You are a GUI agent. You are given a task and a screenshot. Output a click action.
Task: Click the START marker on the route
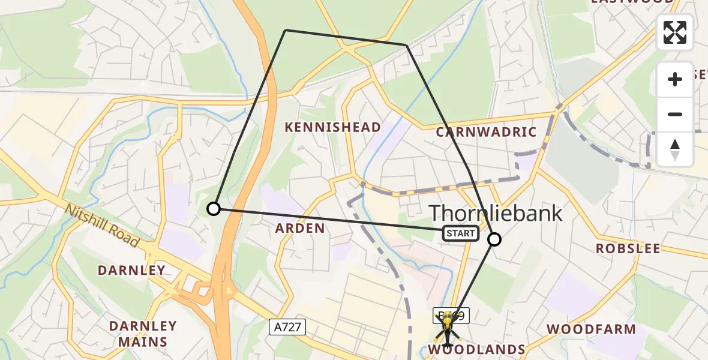click(x=461, y=233)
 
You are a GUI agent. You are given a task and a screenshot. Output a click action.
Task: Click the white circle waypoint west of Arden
click(x=214, y=209)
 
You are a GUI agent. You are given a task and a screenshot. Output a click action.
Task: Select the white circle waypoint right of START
click(x=494, y=239)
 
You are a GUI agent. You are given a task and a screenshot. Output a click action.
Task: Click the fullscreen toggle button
click(x=675, y=32)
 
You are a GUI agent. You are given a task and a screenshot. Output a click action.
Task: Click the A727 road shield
click(x=287, y=327)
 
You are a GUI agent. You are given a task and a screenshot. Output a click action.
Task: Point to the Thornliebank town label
click(x=496, y=212)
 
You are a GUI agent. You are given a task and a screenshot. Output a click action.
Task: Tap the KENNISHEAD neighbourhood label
click(x=332, y=127)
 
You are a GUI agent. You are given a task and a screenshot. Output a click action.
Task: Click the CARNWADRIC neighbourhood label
click(x=486, y=132)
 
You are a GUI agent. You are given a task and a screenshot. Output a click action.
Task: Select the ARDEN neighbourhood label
click(x=300, y=228)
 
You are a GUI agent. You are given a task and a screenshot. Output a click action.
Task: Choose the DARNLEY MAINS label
click(x=143, y=334)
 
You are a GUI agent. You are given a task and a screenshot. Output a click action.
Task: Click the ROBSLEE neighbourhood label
click(x=628, y=248)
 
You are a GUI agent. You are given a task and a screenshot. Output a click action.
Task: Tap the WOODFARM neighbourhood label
click(x=591, y=329)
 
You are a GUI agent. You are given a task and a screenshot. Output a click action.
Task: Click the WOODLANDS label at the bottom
click(x=478, y=349)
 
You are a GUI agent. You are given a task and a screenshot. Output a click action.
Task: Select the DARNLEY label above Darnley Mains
click(x=131, y=270)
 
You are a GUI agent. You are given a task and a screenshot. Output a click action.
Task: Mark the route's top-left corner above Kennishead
click(x=286, y=30)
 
